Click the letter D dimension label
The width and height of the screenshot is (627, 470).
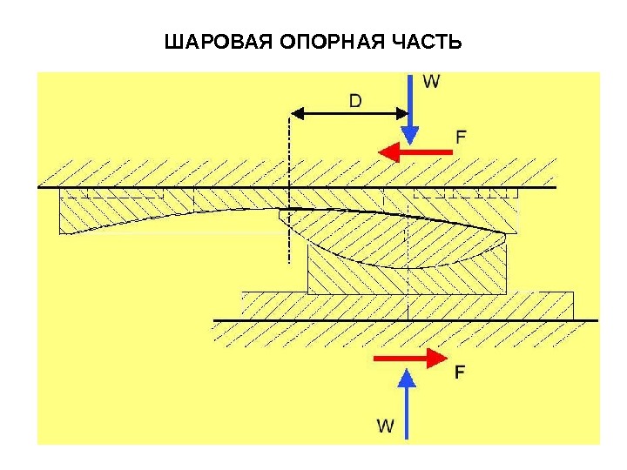point(355,101)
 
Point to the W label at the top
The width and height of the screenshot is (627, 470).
point(431,82)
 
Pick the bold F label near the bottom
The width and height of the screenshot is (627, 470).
point(460,372)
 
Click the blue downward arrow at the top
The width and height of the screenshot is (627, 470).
point(409,109)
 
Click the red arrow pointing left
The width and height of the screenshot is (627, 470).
point(415,152)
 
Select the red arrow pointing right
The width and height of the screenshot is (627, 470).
point(408,358)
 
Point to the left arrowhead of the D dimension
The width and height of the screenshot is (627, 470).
point(296,113)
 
